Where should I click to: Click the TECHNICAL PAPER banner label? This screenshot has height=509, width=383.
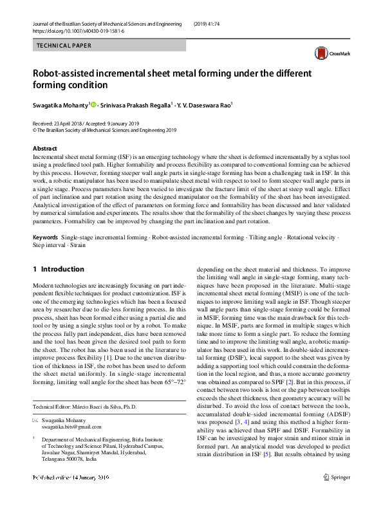pos(64,46)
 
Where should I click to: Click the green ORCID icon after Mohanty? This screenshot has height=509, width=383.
pos(93,104)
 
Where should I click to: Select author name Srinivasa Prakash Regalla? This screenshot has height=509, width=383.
pos(136,105)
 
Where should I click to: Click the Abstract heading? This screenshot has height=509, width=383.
pos(45,149)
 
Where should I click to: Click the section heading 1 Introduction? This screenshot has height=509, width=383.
pos(58,269)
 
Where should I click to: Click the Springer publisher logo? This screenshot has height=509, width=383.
pos(337,495)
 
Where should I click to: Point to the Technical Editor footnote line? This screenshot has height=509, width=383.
pos(85,407)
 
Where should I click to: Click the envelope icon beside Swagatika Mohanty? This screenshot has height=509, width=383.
pos(35,420)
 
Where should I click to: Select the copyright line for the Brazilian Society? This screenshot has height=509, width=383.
pos(104,129)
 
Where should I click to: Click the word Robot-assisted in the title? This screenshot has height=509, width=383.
pos(67,73)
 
